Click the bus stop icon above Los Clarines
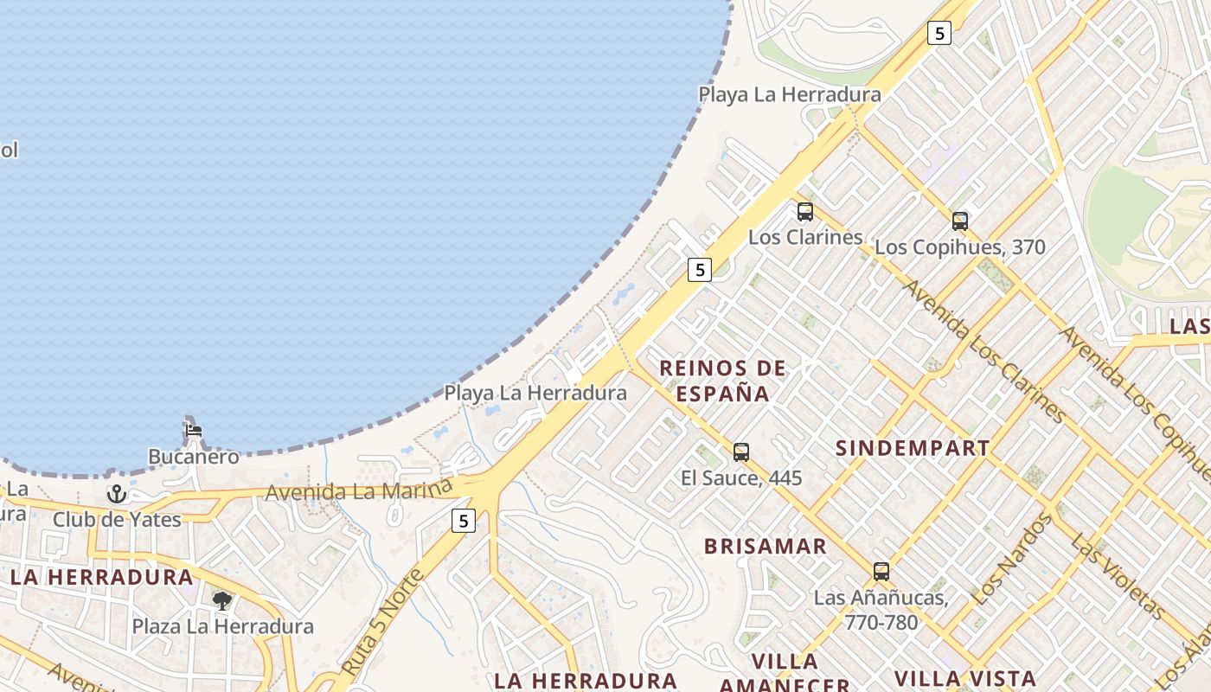click(805, 212)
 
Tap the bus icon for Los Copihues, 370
click(959, 221)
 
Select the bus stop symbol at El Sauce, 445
click(741, 452)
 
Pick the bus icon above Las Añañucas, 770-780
click(881, 572)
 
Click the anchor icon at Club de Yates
click(117, 494)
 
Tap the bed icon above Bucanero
click(193, 430)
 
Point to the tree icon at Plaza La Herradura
click(222, 600)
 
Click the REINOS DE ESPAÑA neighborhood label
click(723, 381)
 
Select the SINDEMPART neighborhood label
click(913, 448)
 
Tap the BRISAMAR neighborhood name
click(766, 547)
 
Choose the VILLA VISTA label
click(964, 678)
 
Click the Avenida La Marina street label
click(359, 490)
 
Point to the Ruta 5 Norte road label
click(382, 623)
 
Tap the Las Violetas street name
click(1118, 577)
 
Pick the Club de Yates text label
click(117, 520)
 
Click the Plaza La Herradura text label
click(222, 626)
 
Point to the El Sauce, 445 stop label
click(741, 477)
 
